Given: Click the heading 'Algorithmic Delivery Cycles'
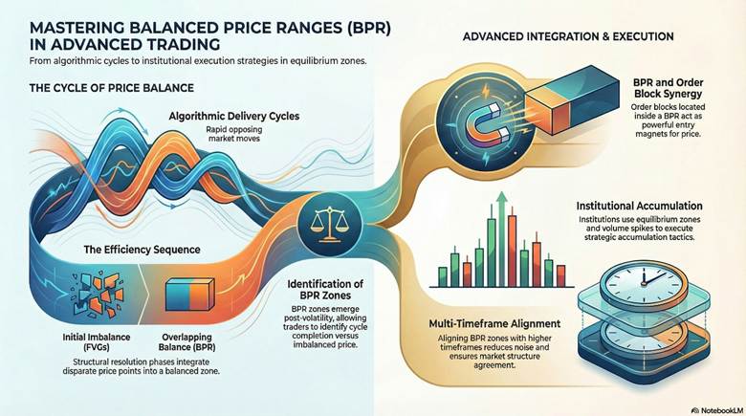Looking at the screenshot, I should click(x=234, y=117).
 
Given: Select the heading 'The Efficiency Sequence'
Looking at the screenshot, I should click(x=142, y=249).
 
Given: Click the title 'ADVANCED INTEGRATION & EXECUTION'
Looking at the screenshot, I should click(x=568, y=36).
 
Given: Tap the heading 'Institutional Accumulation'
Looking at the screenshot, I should click(x=640, y=206).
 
